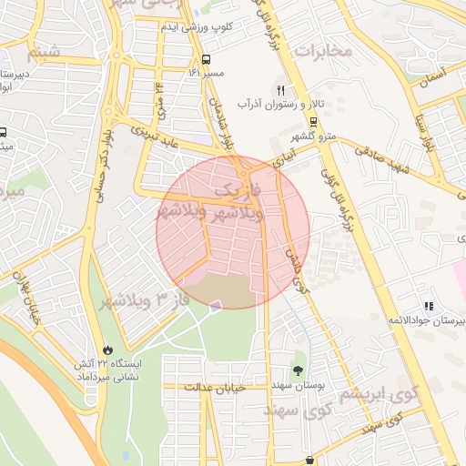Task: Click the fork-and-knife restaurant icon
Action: pyautogui.click(x=280, y=90)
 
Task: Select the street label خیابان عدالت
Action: pyautogui.click(x=216, y=388)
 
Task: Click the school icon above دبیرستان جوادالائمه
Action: pyautogui.click(x=427, y=307)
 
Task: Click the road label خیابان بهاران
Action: pyautogui.click(x=27, y=299)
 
